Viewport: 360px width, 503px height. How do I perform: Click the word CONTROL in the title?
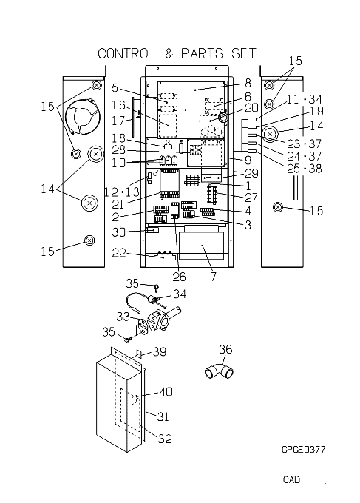(x=126, y=53)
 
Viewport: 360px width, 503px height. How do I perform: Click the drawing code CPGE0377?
(x=303, y=450)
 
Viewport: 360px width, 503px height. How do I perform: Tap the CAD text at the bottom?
(x=291, y=479)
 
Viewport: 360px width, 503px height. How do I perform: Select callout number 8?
(x=248, y=83)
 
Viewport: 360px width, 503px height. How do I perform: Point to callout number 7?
(x=214, y=276)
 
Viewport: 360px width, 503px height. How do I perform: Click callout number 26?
(x=179, y=277)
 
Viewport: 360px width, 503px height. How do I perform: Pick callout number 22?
(x=119, y=253)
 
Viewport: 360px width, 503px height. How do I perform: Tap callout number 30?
(x=118, y=232)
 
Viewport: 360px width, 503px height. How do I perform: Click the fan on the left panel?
(x=82, y=117)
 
